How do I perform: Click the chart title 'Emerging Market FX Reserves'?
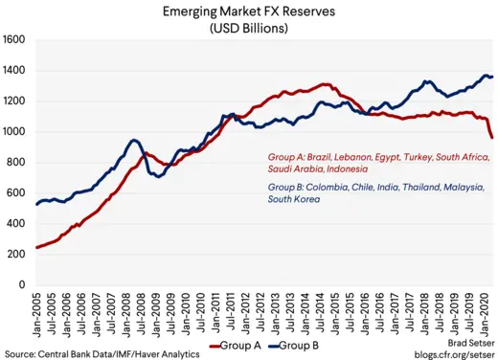point(250,11)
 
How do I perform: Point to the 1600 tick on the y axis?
point(15,40)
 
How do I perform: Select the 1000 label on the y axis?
point(15,132)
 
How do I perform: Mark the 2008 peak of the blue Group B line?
point(135,141)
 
